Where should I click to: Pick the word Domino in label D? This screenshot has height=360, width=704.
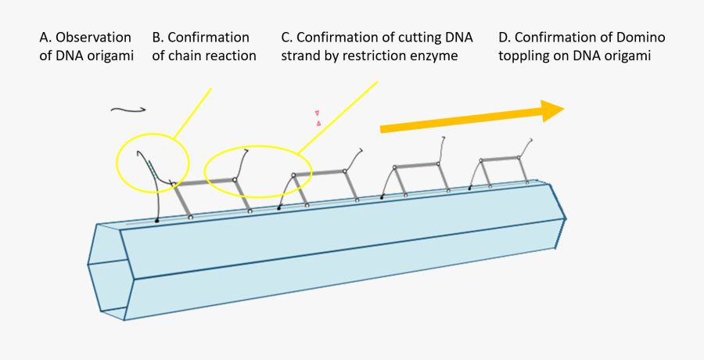point(641,38)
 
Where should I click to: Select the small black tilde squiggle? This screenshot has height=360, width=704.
point(124,110)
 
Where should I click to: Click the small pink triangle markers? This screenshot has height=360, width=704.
point(318,118)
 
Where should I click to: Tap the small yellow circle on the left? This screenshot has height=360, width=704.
point(153,162)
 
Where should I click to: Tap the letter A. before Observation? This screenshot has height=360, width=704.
point(45,38)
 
